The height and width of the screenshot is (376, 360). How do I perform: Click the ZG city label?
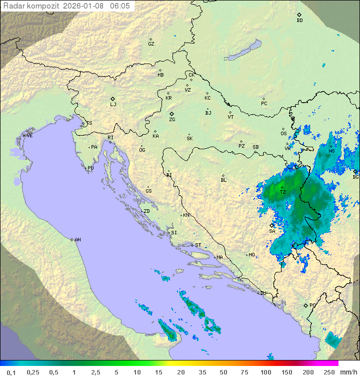point(172,120)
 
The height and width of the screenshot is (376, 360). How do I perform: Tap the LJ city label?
point(113,105)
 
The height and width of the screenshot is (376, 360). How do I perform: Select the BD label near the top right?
point(299,21)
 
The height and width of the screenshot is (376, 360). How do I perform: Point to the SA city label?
point(272,231)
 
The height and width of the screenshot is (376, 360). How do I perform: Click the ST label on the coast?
point(198,245)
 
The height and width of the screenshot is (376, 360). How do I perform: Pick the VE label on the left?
point(29,136)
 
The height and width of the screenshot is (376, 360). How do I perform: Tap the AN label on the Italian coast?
point(77,240)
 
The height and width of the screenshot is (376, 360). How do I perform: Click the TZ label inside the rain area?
point(282,192)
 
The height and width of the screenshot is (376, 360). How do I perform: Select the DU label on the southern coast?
point(263,293)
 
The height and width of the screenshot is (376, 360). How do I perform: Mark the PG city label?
point(312,305)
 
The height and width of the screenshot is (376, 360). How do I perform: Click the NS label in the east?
point(331,151)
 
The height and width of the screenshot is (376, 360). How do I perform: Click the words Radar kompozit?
point(31,6)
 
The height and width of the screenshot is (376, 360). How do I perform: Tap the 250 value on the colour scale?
point(328,372)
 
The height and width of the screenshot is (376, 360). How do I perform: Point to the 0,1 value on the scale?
point(11,372)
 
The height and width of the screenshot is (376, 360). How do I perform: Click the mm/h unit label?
point(348,372)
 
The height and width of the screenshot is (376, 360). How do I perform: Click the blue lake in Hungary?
point(243,50)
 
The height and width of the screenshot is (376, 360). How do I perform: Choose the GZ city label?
point(151,44)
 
